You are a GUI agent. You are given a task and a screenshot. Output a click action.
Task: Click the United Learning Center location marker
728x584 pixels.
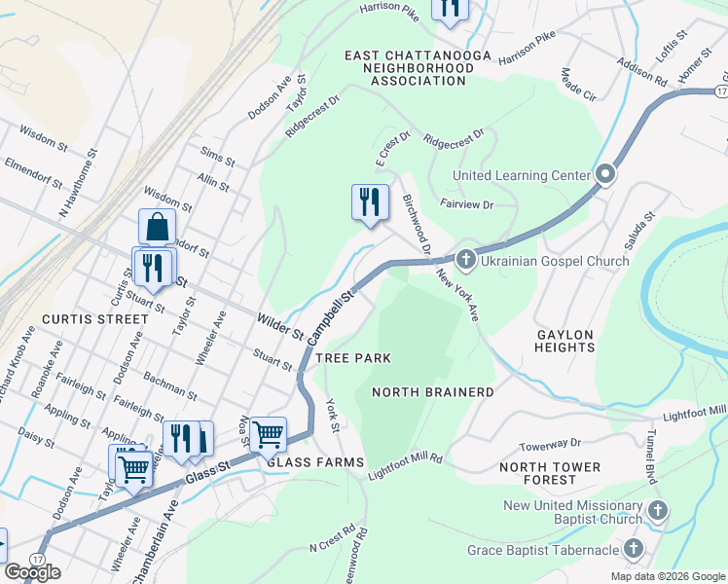tap(604, 175)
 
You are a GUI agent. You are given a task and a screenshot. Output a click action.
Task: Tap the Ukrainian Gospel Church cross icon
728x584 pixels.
tap(465, 260)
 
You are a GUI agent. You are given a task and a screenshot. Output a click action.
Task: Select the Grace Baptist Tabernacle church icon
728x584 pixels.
tap(635, 550)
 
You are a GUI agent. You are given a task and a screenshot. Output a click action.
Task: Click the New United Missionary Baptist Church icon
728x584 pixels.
tap(657, 510)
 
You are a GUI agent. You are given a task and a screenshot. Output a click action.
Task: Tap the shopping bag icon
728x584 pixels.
tap(157, 227)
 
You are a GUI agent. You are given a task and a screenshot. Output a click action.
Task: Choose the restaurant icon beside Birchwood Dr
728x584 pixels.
tap(370, 202)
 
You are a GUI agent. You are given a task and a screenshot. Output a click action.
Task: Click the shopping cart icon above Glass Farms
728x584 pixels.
tap(268, 434)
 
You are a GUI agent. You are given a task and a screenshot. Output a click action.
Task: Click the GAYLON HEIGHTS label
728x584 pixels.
tap(564, 340)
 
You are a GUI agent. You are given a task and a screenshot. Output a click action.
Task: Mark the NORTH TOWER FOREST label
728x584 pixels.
tap(550, 473)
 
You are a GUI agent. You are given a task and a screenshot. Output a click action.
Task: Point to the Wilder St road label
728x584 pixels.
tap(280, 326)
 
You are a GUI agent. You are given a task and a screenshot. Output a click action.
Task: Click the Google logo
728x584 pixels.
tap(32, 572)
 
